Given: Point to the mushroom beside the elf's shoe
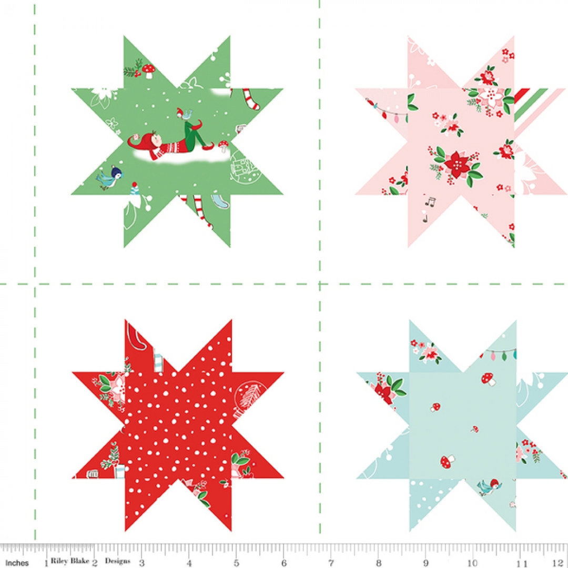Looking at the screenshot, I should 223,145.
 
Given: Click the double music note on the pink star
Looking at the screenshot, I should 431,202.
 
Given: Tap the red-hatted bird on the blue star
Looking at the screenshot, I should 487,487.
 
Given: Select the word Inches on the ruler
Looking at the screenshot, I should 17,563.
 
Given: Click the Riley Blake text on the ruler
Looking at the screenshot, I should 70,561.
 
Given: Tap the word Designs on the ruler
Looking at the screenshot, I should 117,561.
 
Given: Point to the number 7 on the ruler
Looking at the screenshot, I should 331,563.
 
